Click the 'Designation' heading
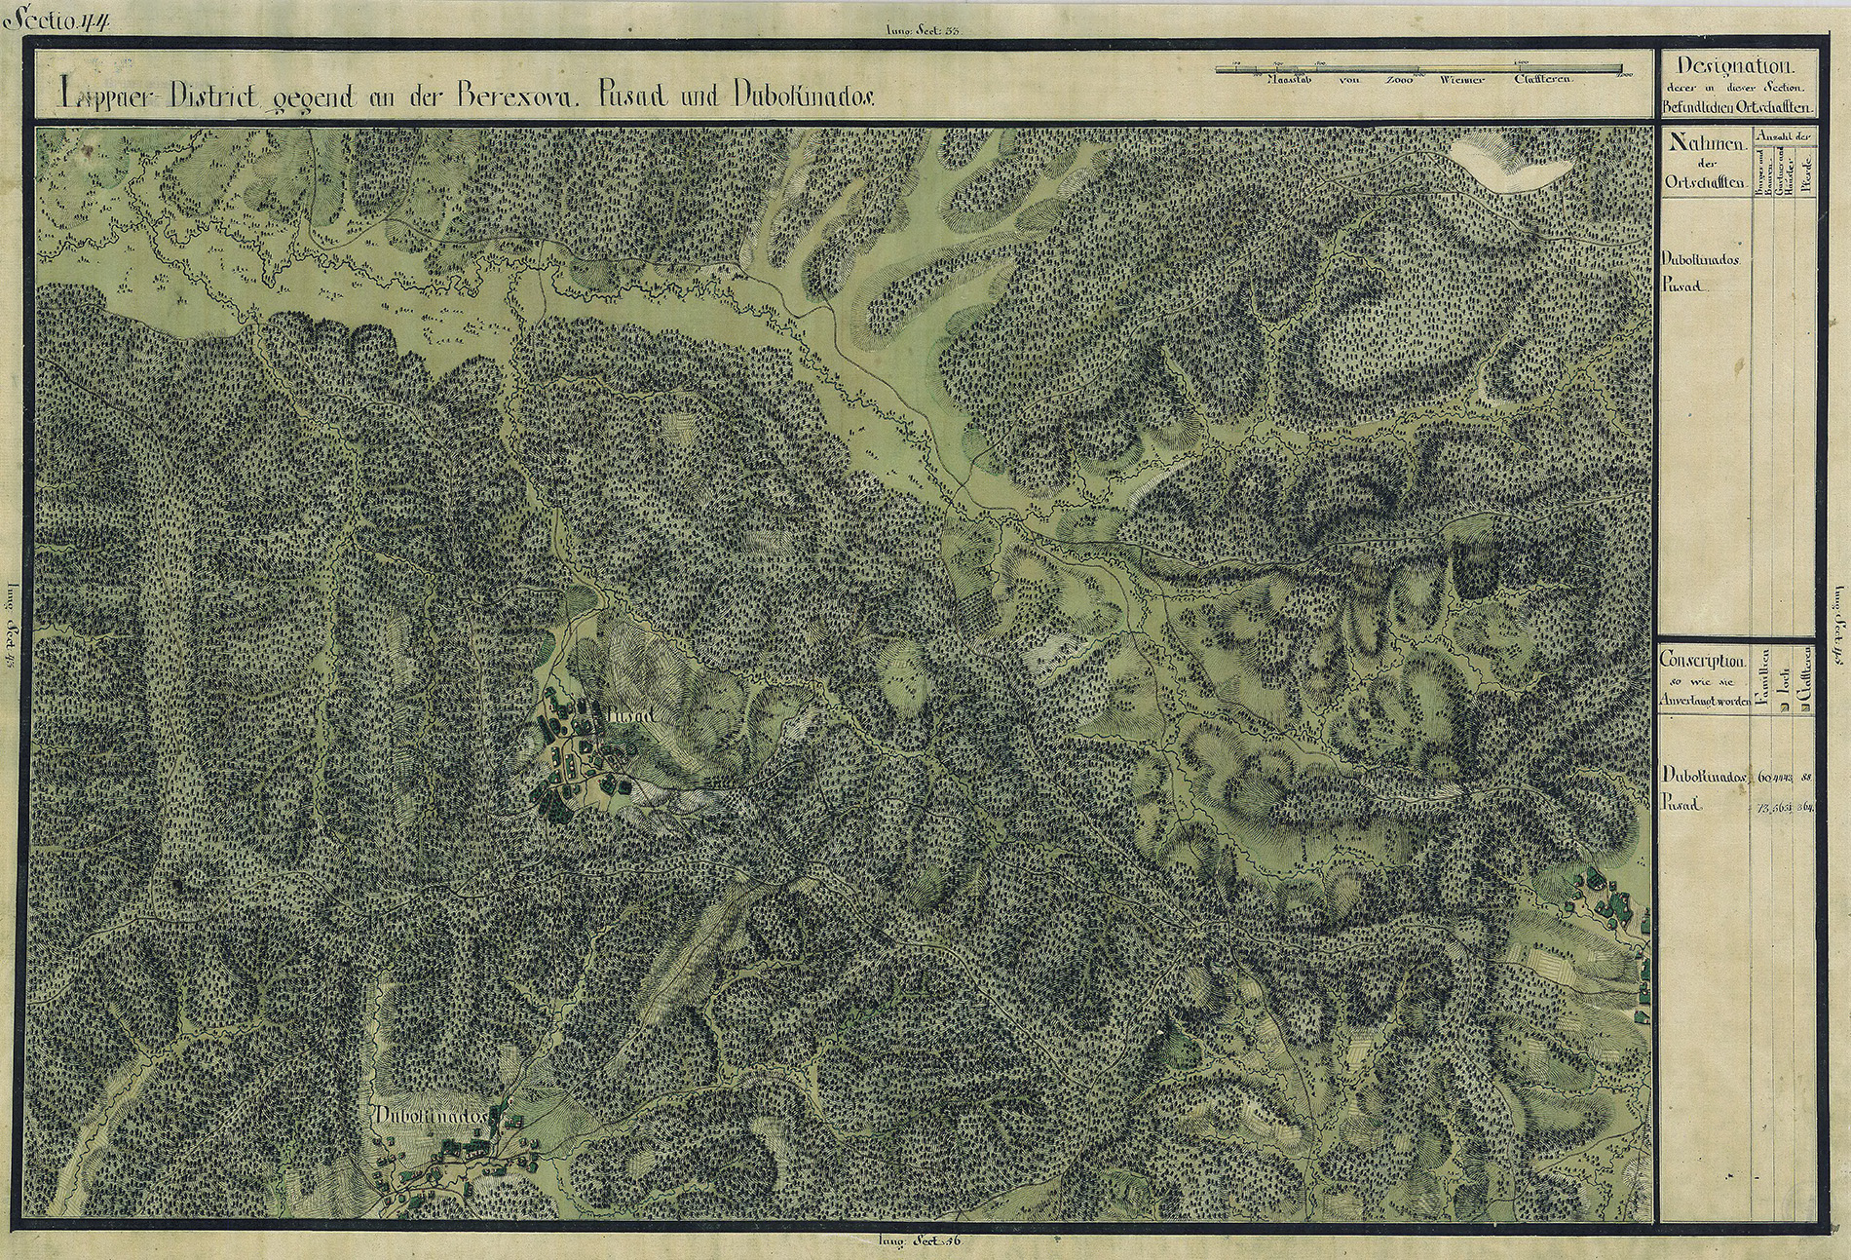point(1737,66)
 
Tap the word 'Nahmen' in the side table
point(1699,143)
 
